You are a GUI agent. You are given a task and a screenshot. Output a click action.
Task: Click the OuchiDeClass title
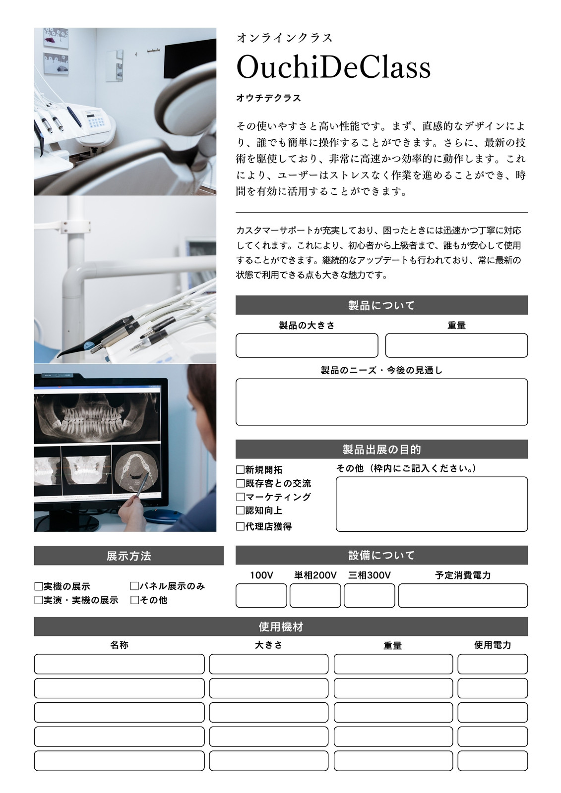point(333,67)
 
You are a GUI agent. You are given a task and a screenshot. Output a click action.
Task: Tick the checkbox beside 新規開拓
point(240,470)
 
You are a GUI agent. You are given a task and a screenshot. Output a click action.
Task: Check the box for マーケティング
point(240,497)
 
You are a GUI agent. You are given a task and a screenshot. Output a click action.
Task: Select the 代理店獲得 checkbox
point(240,526)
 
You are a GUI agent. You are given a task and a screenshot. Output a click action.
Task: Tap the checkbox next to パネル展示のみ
point(134,586)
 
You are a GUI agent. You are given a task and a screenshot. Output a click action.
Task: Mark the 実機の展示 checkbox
point(39,587)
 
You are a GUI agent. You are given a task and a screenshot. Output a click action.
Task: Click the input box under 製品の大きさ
point(307,345)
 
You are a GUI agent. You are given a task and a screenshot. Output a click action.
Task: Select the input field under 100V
point(261,595)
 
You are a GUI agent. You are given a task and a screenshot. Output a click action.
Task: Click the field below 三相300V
point(369,595)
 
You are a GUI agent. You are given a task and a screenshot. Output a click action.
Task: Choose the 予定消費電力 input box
point(463,595)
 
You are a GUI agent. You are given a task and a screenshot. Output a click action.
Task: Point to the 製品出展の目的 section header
point(381,449)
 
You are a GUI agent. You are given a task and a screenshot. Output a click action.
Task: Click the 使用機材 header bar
point(281,626)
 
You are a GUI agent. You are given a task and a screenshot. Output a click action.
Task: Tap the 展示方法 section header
point(128,556)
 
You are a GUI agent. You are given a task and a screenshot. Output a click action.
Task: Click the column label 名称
point(120,645)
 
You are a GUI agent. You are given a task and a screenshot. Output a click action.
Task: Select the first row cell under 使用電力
point(493,664)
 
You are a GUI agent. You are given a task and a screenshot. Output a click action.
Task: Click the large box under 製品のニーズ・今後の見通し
point(381,402)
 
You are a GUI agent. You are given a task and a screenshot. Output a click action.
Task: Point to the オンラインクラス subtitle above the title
point(285,38)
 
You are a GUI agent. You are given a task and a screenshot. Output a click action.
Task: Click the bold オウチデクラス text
point(268,98)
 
